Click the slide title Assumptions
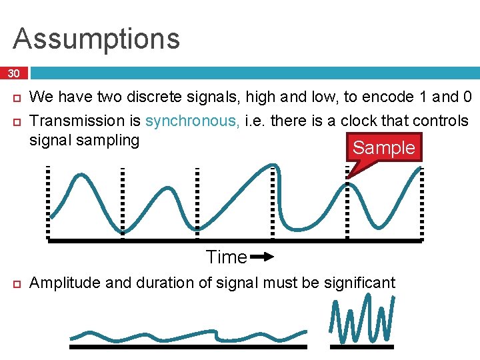pos(97,39)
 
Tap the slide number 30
pos(14,73)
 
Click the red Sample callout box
pos(384,147)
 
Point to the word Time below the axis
pos(226,257)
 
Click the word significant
pos(359,283)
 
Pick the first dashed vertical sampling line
pos(49,201)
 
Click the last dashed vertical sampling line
pos(421,201)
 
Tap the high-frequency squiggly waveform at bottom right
pos(363,321)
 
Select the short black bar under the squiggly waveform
pos(363,347)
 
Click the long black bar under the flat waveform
pos(189,347)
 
